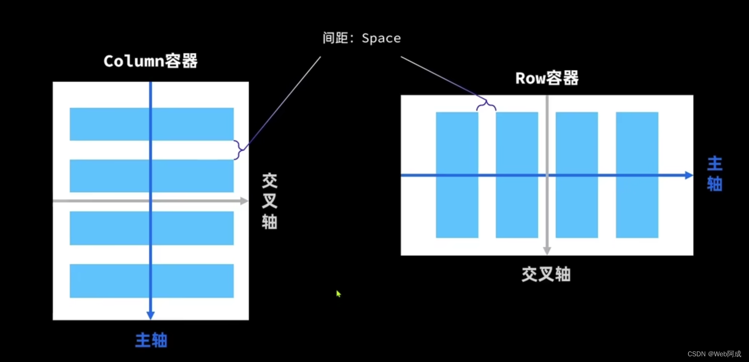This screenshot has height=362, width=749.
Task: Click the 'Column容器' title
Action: pos(150,61)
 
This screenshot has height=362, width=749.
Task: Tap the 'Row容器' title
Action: pos(547,78)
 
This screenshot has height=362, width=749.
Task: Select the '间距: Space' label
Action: pos(361,38)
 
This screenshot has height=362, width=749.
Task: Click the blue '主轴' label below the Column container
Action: pos(151,340)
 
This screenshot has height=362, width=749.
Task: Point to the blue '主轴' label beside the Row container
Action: pos(714,173)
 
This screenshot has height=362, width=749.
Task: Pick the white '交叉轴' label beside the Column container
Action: pos(269,201)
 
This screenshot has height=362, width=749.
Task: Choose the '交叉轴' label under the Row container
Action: pos(546,274)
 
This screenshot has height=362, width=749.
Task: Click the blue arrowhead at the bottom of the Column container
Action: pos(151,315)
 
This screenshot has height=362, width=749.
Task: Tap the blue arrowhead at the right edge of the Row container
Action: pos(689,175)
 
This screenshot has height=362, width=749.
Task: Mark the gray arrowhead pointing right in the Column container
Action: pos(244,201)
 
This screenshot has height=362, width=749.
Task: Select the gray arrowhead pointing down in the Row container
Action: pos(547,250)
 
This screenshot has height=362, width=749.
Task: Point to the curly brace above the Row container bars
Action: pos(486,105)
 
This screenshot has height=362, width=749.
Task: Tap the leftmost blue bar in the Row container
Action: pos(457,143)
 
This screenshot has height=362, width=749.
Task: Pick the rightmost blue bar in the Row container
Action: pos(637,143)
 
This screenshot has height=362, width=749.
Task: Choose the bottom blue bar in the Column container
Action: pos(109,281)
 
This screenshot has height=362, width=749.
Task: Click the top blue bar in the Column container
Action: pos(109,124)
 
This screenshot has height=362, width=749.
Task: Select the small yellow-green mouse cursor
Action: pos(338,294)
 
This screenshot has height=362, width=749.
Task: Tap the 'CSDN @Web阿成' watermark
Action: pos(714,354)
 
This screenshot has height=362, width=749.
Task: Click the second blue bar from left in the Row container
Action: pos(517,143)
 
